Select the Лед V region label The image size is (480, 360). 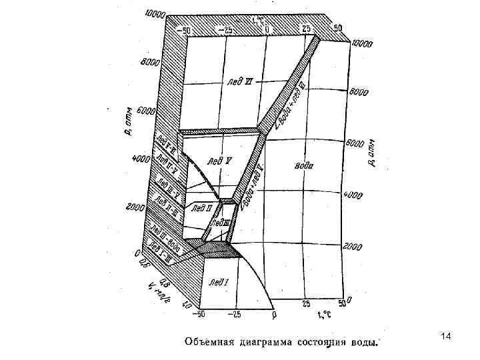[219, 161]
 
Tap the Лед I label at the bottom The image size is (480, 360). [217, 282]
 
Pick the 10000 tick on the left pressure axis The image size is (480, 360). [153, 14]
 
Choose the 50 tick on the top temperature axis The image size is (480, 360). [338, 28]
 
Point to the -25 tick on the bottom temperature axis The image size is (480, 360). [235, 312]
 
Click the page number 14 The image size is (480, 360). [445, 341]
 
